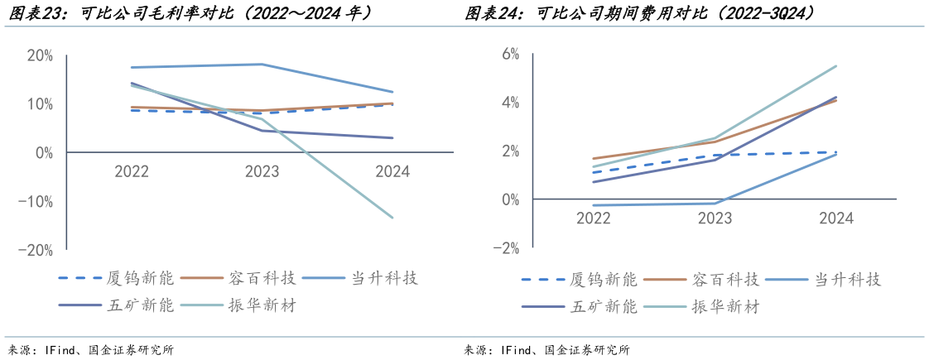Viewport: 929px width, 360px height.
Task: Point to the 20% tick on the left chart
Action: pyautogui.click(x=41, y=55)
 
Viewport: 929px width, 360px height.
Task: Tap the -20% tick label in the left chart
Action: pyautogui.click(x=36, y=250)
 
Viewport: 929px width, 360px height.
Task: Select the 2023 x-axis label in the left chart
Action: pyautogui.click(x=262, y=172)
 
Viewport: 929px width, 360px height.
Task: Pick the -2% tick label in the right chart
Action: pyautogui.click(x=506, y=248)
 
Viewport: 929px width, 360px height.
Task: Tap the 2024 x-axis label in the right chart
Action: pyautogui.click(x=836, y=219)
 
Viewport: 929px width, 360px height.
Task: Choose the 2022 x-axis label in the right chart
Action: pyautogui.click(x=593, y=219)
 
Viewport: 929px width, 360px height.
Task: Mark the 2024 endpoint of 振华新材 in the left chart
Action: pyautogui.click(x=392, y=218)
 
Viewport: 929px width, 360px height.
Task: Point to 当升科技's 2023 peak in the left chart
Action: pyautogui.click(x=262, y=65)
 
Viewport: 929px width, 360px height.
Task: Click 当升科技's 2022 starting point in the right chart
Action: pyautogui.click(x=593, y=205)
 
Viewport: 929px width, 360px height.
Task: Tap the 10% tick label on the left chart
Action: pyautogui.click(x=41, y=104)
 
